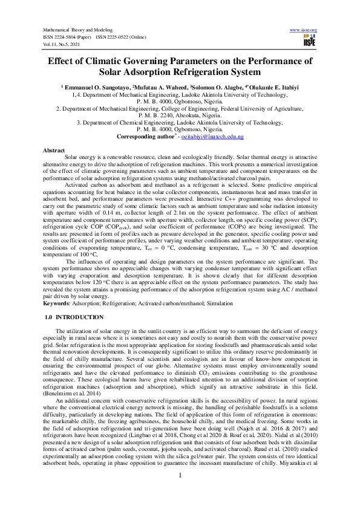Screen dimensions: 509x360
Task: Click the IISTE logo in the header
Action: [x=310, y=42]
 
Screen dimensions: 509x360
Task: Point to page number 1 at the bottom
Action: [x=180, y=492]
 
